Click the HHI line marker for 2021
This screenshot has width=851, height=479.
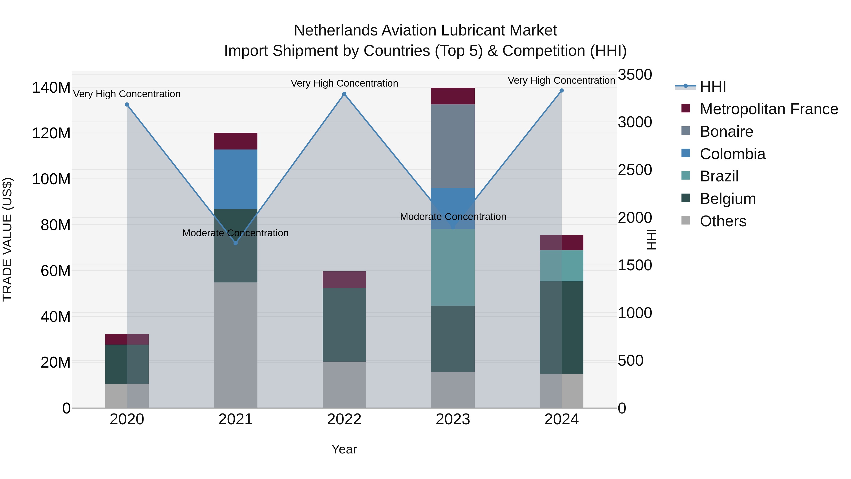coord(235,243)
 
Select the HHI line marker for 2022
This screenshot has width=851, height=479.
coord(344,94)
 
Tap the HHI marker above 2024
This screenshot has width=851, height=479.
coord(562,91)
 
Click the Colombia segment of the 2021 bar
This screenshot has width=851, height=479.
coord(235,179)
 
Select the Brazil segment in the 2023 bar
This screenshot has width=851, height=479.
coord(453,267)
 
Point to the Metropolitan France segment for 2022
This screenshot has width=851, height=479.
coord(344,280)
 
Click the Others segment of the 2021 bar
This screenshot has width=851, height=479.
coord(235,345)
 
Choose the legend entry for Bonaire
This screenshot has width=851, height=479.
coord(726,132)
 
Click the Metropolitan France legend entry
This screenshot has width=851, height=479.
coord(769,109)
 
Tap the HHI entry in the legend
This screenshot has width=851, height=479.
coord(712,87)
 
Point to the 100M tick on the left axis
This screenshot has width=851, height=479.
coord(51,179)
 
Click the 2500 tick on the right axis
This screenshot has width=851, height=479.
coord(635,170)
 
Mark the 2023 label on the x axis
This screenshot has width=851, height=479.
coord(453,419)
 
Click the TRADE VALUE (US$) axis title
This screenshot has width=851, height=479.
coord(7,239)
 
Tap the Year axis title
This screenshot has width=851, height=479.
coord(344,449)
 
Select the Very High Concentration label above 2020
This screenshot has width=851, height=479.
coord(127,94)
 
